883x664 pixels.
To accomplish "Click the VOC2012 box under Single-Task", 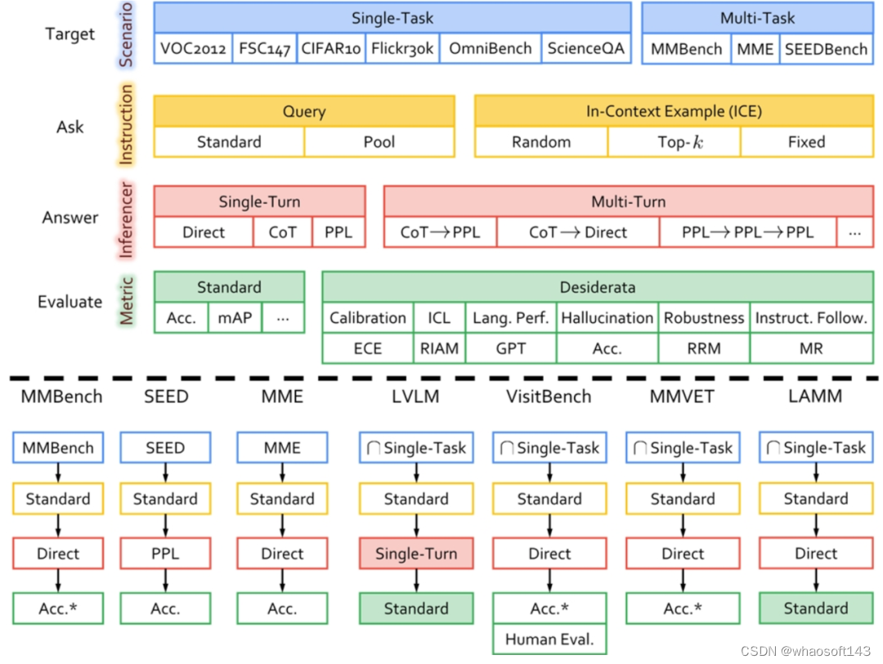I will click(x=193, y=48).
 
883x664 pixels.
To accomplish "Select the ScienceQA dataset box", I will click(x=586, y=48).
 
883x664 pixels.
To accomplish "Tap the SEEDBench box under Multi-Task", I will click(x=826, y=49).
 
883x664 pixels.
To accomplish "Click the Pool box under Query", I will click(x=379, y=142).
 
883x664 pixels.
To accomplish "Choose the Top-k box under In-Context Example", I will click(x=675, y=142).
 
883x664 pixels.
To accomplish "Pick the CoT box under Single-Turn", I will click(x=283, y=232).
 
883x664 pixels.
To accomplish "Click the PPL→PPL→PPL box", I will click(x=748, y=232).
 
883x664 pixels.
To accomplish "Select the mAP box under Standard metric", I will click(x=235, y=318).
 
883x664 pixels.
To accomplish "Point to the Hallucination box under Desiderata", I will click(x=607, y=318).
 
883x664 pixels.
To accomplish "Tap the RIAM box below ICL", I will click(x=439, y=348).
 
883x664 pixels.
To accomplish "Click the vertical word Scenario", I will click(x=127, y=34).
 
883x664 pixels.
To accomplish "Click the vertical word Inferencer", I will click(x=127, y=219).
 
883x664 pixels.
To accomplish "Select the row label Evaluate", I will click(x=70, y=302).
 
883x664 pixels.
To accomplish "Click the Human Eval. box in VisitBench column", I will click(x=549, y=639).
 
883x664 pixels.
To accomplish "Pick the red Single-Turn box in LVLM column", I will click(x=416, y=554).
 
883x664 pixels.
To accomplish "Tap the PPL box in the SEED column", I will click(x=165, y=554).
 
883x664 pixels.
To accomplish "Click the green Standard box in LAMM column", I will click(x=815, y=608).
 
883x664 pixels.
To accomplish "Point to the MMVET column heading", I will click(x=683, y=397).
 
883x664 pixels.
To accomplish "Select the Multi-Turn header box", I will click(x=628, y=201).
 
